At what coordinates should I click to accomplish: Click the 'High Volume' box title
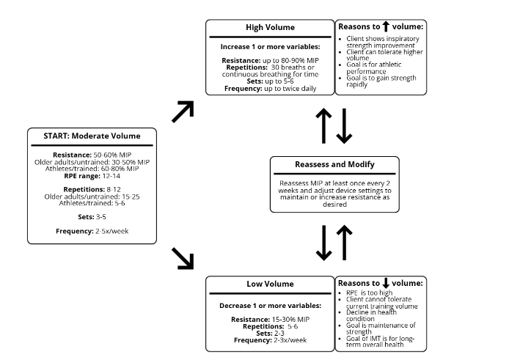(x=270, y=28)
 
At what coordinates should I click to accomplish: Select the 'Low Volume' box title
(x=270, y=284)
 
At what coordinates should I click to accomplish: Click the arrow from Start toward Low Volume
(x=182, y=258)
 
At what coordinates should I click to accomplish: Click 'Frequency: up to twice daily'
(x=270, y=88)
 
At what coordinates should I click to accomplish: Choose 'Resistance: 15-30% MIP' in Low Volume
(x=270, y=320)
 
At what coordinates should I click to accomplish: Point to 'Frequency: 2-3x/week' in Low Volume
(x=270, y=340)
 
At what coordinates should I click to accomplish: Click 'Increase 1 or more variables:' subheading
(x=270, y=45)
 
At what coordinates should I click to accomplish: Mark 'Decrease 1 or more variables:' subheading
(x=270, y=304)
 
